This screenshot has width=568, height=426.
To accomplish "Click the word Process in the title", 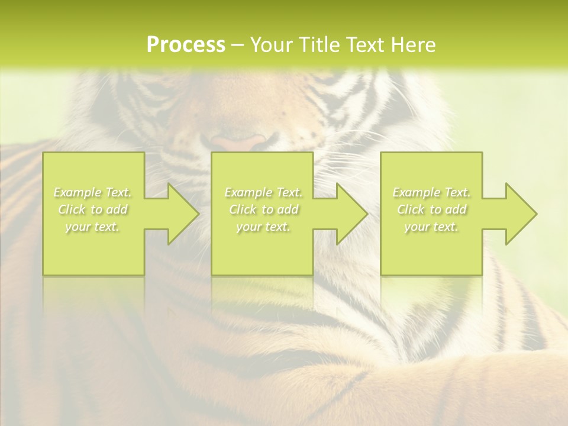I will pyautogui.click(x=186, y=45).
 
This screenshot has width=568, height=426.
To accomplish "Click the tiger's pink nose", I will pyautogui.click(x=239, y=142).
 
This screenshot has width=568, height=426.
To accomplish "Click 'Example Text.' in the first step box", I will pyautogui.click(x=93, y=192).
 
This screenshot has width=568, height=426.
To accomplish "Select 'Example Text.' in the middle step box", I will pyautogui.click(x=263, y=192).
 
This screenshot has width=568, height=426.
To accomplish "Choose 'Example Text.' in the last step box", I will pyautogui.click(x=431, y=192).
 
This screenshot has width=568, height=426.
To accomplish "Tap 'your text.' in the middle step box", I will pyautogui.click(x=263, y=227).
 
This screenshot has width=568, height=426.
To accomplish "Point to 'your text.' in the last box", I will pyautogui.click(x=431, y=227).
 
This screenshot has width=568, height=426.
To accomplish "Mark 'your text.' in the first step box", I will pyautogui.click(x=93, y=227).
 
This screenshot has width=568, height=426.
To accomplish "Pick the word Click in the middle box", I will pyautogui.click(x=243, y=209).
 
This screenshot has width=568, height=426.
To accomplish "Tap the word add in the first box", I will pyautogui.click(x=117, y=209).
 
